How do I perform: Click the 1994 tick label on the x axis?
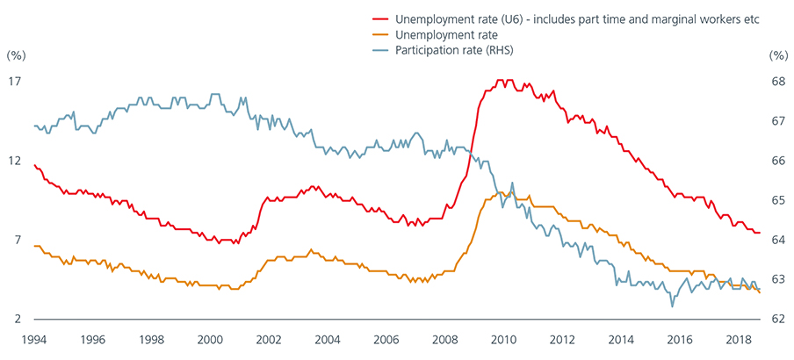34,338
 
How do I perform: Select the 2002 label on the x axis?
269,338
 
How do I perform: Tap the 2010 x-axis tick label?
503,338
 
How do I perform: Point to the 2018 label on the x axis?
738,338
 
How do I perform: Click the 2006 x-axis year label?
386,338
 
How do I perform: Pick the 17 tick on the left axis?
15,82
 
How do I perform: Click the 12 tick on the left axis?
15,161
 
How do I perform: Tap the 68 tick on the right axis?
778,82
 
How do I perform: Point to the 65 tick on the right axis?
778,200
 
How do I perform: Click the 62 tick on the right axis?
778,319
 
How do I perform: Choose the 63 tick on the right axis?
778,279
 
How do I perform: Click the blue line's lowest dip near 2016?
672,306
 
